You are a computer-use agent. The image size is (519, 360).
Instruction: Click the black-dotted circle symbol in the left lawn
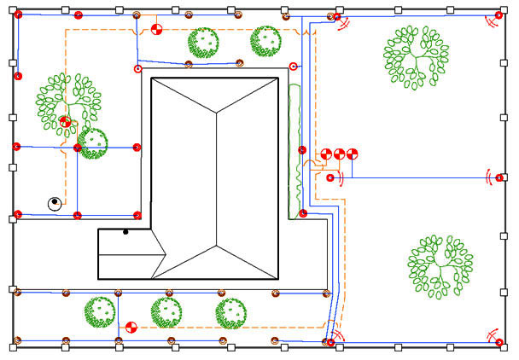click(54, 203)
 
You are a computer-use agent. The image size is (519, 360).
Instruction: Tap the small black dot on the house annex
click(125, 231)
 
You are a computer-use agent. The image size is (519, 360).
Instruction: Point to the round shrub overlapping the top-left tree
click(92, 142)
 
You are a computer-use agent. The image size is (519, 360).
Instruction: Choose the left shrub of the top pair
click(203, 43)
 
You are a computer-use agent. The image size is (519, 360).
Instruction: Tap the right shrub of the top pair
click(265, 40)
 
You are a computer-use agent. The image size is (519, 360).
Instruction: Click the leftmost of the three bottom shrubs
click(100, 311)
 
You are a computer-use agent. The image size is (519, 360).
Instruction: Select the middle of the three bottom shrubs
click(166, 311)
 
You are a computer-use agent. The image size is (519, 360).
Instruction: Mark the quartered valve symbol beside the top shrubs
click(155, 31)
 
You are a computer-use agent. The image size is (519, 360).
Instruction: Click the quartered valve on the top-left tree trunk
click(66, 122)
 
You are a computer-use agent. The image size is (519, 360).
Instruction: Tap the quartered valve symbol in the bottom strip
click(131, 326)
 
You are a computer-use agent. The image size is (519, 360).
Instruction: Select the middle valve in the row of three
click(339, 154)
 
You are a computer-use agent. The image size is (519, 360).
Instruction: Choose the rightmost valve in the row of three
click(352, 154)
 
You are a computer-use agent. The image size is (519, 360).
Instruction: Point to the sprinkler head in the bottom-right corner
click(499, 342)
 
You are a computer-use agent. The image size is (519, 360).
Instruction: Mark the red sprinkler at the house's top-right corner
click(294, 67)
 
